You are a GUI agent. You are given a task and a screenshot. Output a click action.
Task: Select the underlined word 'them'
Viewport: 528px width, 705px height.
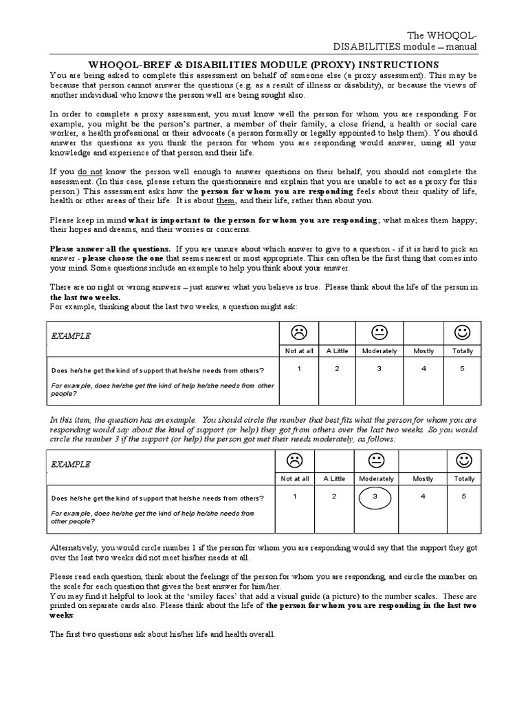click(225, 200)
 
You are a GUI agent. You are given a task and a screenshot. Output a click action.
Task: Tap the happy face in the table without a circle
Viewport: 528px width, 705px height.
click(463, 333)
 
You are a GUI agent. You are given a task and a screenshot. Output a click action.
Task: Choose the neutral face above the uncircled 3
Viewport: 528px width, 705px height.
click(378, 333)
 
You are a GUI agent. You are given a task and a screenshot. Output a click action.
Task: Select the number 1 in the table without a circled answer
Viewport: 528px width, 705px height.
click(299, 369)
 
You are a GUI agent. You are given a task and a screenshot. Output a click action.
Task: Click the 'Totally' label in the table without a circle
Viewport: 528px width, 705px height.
click(463, 350)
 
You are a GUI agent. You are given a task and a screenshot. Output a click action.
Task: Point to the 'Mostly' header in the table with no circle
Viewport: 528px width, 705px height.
click(423, 350)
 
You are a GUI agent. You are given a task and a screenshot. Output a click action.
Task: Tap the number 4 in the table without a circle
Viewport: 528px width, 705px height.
click(423, 369)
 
